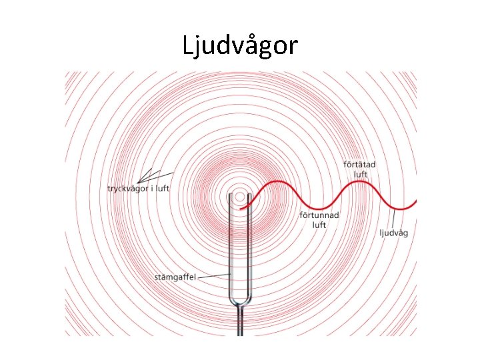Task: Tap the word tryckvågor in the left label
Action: click(126, 189)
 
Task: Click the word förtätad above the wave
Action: click(359, 165)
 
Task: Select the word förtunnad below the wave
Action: click(319, 215)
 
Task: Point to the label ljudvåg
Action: click(393, 233)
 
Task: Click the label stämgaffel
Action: click(175, 277)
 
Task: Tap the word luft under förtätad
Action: click(361, 174)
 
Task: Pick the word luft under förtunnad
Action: click(319, 225)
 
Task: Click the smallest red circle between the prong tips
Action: click(239, 197)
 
